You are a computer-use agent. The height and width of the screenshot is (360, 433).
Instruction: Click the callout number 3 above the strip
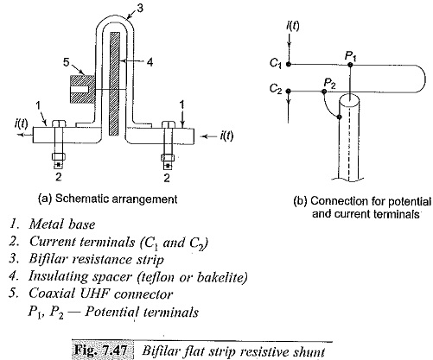click(x=139, y=9)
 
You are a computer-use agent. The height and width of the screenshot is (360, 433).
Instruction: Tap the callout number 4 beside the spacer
click(x=150, y=61)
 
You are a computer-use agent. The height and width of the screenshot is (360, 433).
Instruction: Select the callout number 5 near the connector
click(x=67, y=61)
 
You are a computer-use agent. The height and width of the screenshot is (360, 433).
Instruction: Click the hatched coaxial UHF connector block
click(x=82, y=89)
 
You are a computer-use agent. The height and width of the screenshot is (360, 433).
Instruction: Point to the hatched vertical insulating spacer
click(x=114, y=84)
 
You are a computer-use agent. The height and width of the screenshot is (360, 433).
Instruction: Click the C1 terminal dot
click(x=289, y=64)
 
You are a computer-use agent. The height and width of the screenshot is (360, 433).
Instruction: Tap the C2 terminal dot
click(x=289, y=92)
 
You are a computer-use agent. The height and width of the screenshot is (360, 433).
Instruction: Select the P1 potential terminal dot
click(x=350, y=65)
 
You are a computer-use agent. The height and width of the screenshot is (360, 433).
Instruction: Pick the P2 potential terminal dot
click(x=323, y=92)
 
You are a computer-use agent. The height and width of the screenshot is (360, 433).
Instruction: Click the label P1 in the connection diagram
click(x=351, y=56)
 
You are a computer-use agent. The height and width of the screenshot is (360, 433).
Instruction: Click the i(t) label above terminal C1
click(x=293, y=26)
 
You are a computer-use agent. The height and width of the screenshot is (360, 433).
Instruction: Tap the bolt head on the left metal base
click(x=59, y=124)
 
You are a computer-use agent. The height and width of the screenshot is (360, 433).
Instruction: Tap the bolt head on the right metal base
click(x=169, y=124)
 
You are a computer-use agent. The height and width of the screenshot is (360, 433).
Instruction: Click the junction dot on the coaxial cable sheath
click(x=340, y=117)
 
